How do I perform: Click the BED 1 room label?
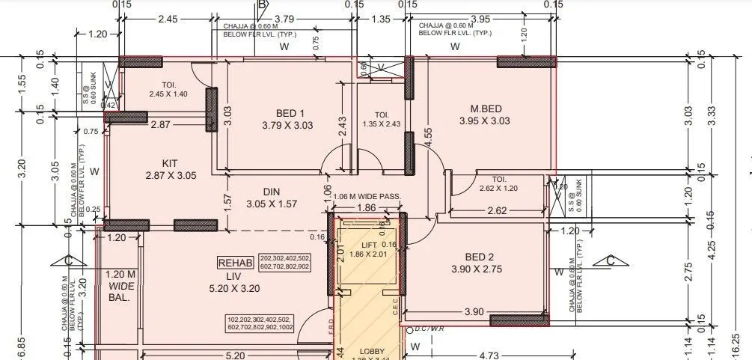pos(288,112)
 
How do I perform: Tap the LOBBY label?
pos(372,351)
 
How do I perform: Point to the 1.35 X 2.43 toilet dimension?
pos(382,124)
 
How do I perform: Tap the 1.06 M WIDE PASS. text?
pos(367,197)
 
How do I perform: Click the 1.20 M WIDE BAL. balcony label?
pos(120,285)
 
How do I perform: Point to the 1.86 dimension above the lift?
pos(367,207)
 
